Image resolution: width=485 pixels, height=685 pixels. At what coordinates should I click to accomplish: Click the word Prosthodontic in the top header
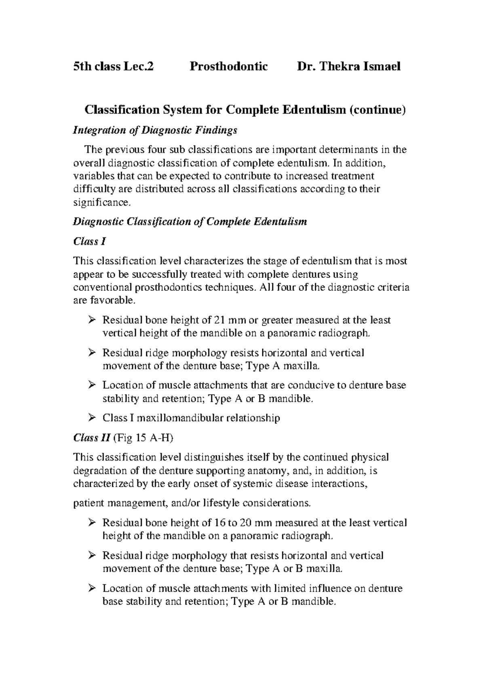pyautogui.click(x=229, y=66)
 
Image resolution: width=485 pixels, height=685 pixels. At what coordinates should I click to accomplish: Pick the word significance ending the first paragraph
pyautogui.click(x=102, y=202)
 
